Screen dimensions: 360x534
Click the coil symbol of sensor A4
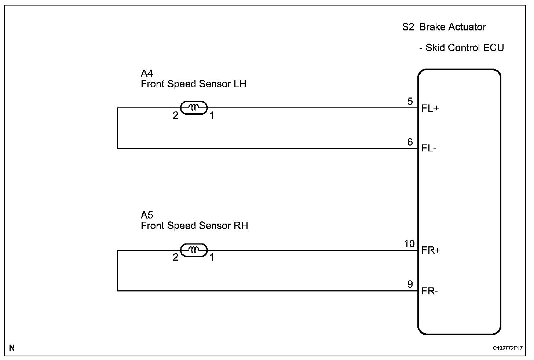click(x=194, y=108)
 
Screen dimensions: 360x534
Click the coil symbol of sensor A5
click(x=194, y=250)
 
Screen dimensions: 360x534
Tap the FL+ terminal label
click(x=430, y=109)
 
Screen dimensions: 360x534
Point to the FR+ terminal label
click(x=431, y=250)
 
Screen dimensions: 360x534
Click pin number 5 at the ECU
click(x=410, y=101)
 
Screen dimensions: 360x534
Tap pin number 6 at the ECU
click(x=410, y=142)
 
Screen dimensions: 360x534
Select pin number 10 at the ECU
click(x=409, y=243)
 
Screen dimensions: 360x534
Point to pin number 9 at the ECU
click(x=410, y=284)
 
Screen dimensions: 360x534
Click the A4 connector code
click(x=147, y=73)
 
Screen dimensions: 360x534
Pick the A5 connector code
click(x=147, y=215)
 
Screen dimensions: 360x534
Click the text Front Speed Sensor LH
click(x=193, y=84)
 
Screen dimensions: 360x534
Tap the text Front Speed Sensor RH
click(x=194, y=225)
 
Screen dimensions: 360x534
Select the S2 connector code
click(x=408, y=27)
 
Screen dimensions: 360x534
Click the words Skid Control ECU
click(x=464, y=48)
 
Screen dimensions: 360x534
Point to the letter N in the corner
click(x=12, y=348)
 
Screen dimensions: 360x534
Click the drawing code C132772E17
click(x=508, y=348)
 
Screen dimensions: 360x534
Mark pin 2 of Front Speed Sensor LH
click(x=175, y=115)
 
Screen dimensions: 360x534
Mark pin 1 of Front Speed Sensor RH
click(x=212, y=257)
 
